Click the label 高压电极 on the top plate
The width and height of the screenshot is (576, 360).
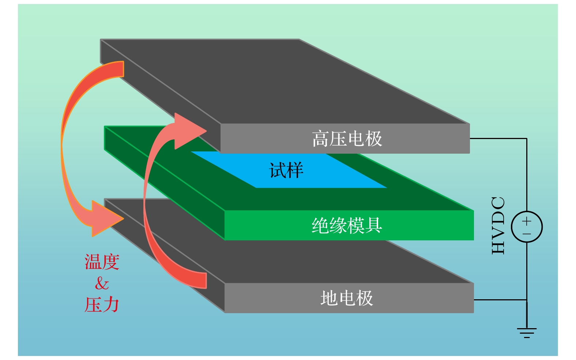(347, 139)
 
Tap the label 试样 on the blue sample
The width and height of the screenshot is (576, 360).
(286, 170)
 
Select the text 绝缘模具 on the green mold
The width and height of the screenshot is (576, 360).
(347, 225)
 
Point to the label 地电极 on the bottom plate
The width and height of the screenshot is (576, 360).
(347, 298)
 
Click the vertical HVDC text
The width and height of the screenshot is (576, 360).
(498, 225)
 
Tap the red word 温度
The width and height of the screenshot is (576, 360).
(102, 262)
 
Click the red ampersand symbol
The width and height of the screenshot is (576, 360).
(102, 284)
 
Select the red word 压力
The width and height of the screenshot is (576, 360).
(102, 305)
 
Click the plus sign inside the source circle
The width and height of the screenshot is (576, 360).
(527, 221)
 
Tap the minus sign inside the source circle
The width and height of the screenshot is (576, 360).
(527, 234)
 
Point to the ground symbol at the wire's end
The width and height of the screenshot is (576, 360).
(527, 332)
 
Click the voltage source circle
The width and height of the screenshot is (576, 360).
(527, 227)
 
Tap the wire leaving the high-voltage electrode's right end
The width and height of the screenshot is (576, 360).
(497, 139)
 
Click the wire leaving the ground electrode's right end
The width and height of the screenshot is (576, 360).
(499, 300)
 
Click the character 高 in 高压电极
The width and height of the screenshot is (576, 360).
(320, 139)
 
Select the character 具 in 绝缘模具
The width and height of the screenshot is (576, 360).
(373, 225)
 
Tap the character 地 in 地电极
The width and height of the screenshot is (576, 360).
(329, 298)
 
